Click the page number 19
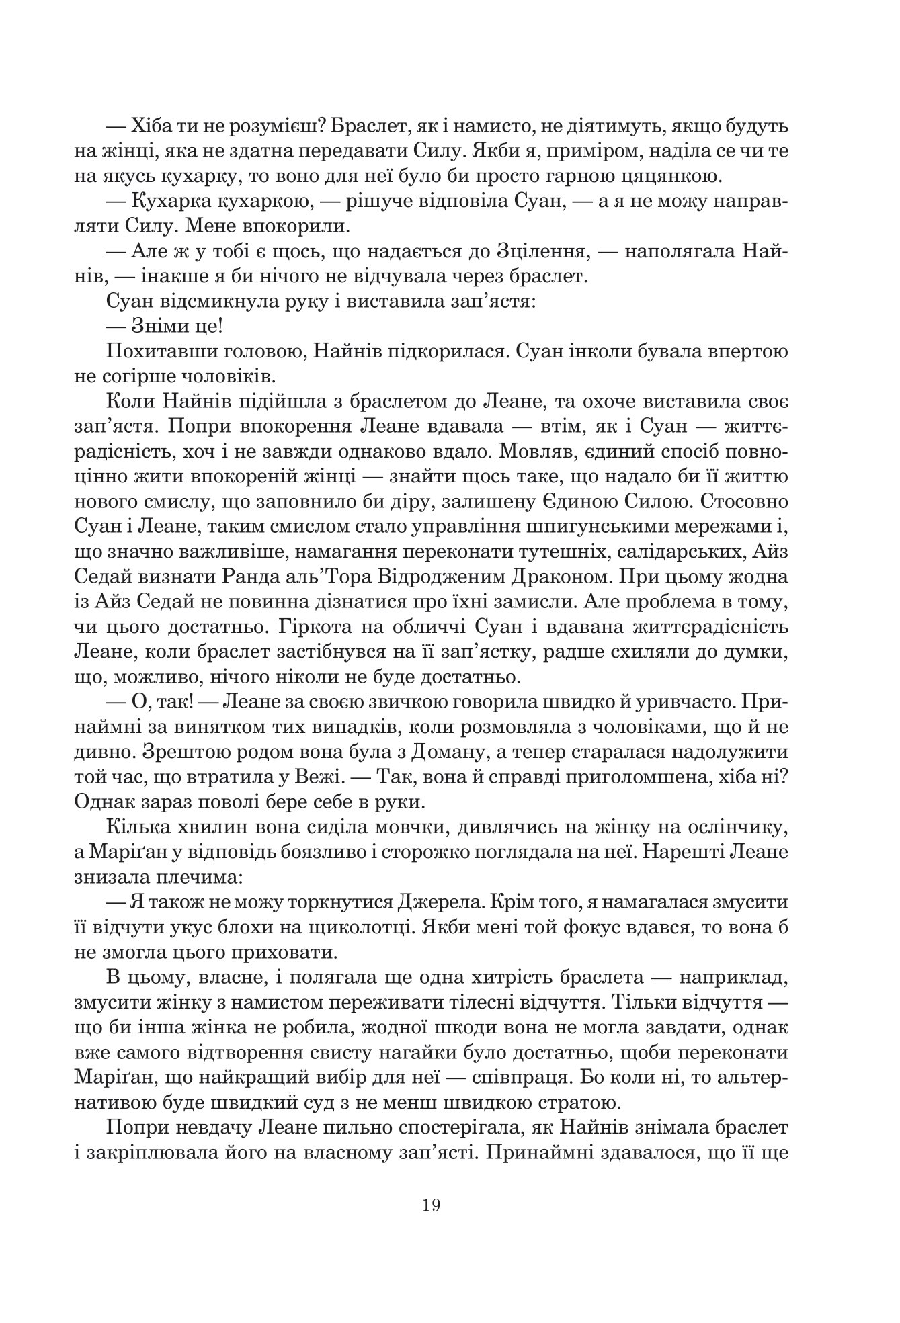pos(432,1205)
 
